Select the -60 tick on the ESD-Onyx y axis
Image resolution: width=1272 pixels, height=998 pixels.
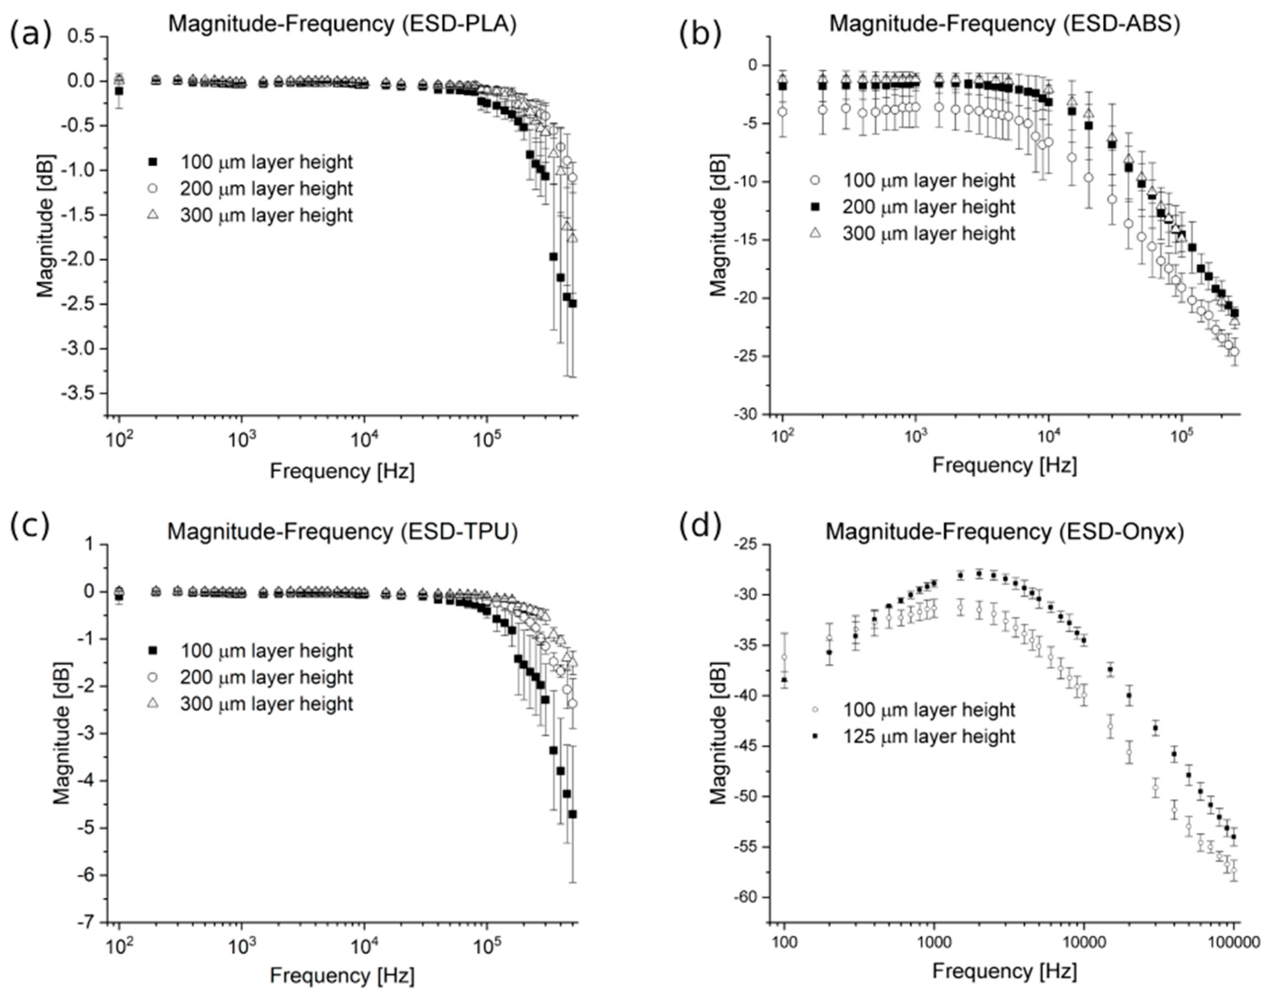pyautogui.click(x=748, y=897)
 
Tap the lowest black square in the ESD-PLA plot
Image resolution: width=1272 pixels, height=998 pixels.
pyautogui.click(x=572, y=303)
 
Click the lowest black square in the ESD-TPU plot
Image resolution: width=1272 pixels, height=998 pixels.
pyautogui.click(x=572, y=814)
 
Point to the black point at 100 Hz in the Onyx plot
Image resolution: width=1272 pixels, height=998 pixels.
pyautogui.click(x=784, y=680)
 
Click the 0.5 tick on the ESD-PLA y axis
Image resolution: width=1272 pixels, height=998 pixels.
pyautogui.click(x=82, y=36)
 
